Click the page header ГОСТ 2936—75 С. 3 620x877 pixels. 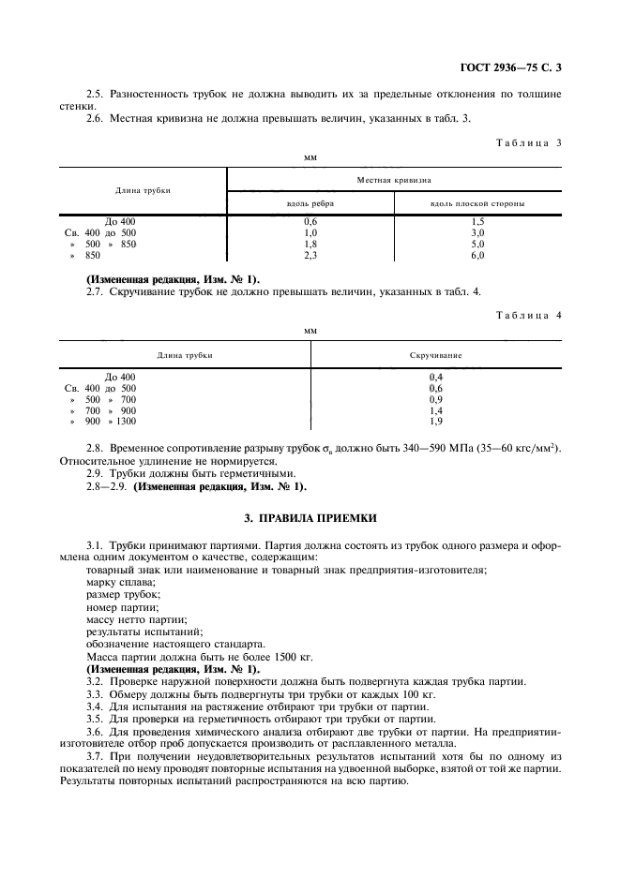(517, 66)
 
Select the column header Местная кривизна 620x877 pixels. (394, 178)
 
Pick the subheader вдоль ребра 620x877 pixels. (310, 202)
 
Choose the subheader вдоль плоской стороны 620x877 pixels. (477, 202)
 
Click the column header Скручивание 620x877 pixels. (435, 355)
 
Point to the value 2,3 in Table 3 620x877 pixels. (310, 255)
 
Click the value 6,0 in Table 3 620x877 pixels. (477, 255)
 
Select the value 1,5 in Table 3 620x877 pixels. (477, 221)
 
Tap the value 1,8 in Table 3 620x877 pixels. (310, 244)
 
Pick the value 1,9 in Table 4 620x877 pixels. (435, 422)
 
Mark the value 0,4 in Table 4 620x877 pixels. (435, 377)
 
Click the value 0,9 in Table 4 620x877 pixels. (435, 399)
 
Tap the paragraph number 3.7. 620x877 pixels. (95, 754)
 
